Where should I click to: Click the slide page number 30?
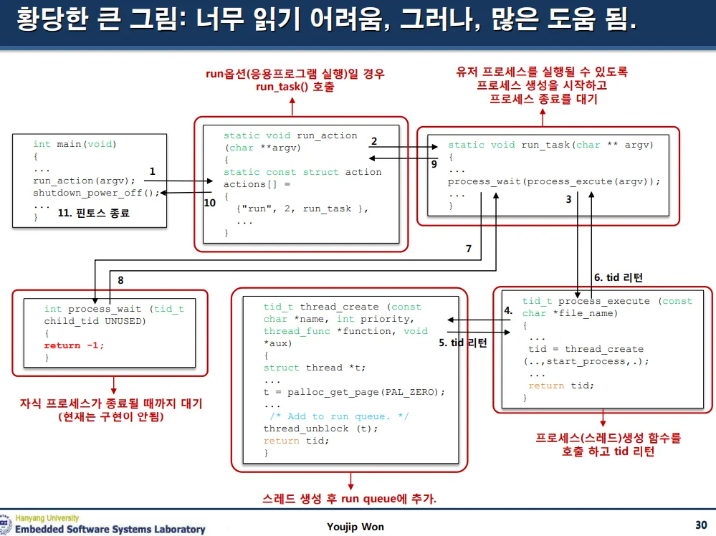(701, 525)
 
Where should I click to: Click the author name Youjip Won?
(355, 527)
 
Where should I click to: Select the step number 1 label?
(152, 171)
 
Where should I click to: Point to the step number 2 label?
(373, 141)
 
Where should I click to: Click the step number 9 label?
(434, 164)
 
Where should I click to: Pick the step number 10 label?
(209, 203)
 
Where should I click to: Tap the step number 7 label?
(468, 249)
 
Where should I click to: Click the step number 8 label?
(120, 280)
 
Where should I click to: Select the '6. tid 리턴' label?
(619, 277)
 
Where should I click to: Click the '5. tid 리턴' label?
(463, 343)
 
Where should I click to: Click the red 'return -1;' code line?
(74, 345)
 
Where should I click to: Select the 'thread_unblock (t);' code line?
(310, 429)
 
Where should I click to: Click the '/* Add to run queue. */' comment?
(329, 416)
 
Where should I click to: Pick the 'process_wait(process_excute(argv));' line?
(553, 181)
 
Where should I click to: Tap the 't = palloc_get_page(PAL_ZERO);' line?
(354, 392)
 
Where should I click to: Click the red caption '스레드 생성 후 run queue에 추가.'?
(350, 499)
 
